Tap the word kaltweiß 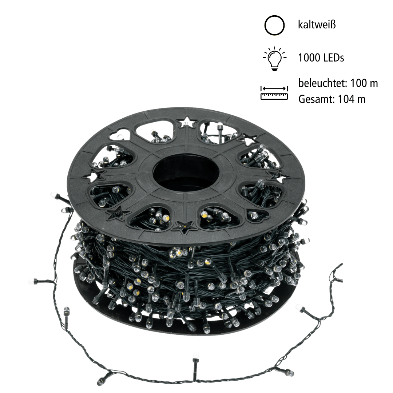[x=316, y=25]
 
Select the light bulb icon [x=274, y=58]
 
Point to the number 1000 [x=309, y=57]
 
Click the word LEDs [x=333, y=57]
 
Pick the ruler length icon [x=274, y=93]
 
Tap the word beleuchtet [x=322, y=83]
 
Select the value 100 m [x=364, y=83]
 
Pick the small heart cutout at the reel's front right [x=258, y=215]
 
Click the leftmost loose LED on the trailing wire [x=33, y=281]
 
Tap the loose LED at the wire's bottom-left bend [x=101, y=381]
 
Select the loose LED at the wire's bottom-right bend [x=289, y=373]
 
